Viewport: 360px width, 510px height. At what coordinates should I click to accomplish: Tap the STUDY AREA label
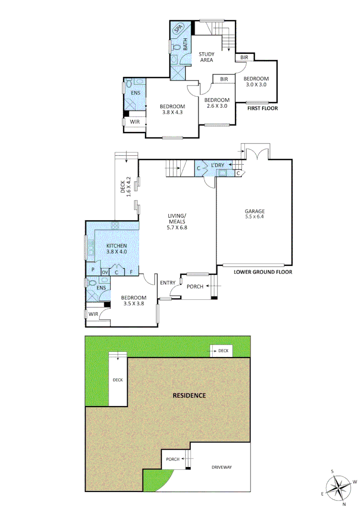click(x=206, y=57)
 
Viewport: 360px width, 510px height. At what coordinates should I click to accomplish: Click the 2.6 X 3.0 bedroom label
click(x=217, y=103)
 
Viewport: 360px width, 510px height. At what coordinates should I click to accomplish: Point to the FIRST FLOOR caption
click(x=262, y=109)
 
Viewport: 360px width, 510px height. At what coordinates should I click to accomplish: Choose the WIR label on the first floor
click(x=135, y=122)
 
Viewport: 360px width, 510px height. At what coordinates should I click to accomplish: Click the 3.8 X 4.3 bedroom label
click(x=172, y=110)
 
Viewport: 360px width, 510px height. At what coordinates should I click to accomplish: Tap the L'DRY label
click(x=218, y=164)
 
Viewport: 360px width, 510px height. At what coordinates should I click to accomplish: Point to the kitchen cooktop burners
click(x=114, y=225)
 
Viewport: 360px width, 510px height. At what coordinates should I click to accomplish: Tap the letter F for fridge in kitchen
click(x=131, y=272)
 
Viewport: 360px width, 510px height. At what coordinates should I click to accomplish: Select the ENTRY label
click(x=167, y=283)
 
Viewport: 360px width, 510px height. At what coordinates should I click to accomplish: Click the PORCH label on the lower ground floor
click(x=195, y=287)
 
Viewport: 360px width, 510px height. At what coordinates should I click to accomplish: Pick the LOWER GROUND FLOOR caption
click(x=263, y=272)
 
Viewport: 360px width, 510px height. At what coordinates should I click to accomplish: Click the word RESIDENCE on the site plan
click(x=189, y=395)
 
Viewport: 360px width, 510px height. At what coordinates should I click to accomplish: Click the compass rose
click(x=339, y=486)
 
